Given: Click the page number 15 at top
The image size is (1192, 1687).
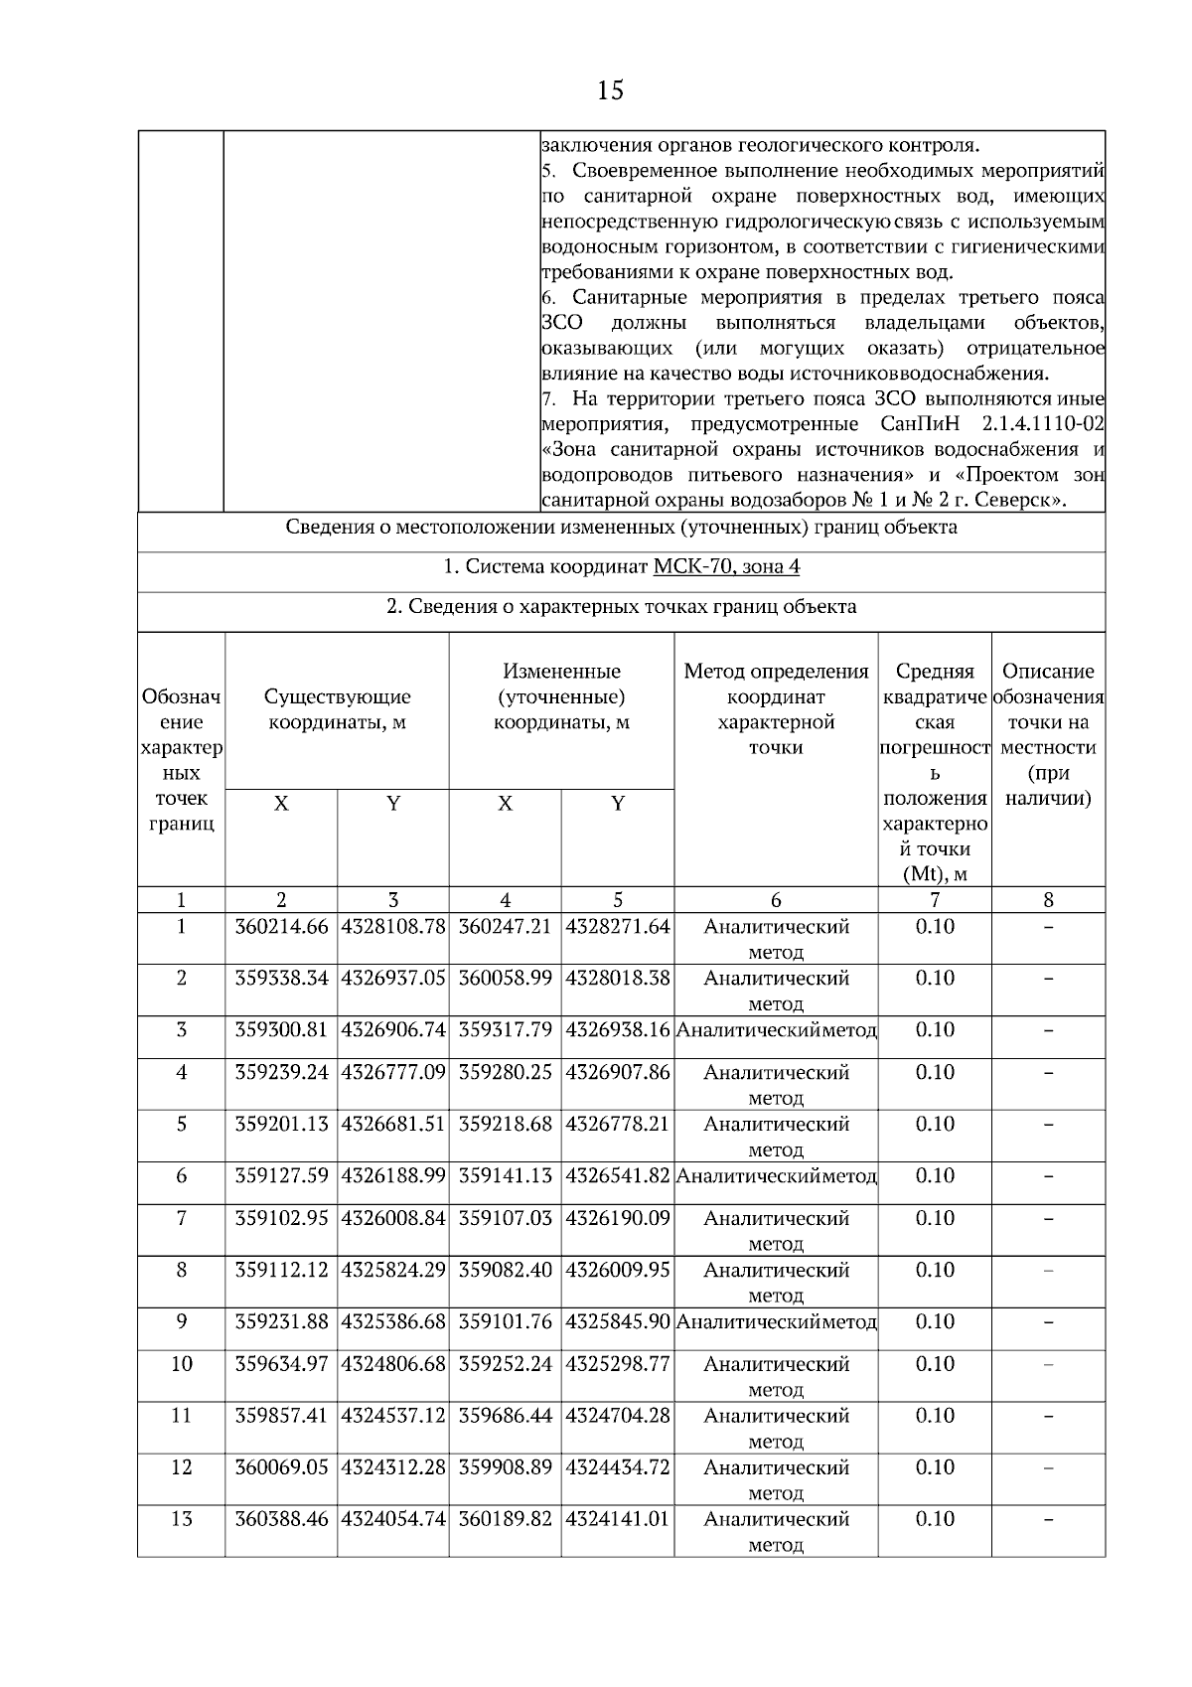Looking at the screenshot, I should pyautogui.click(x=610, y=91).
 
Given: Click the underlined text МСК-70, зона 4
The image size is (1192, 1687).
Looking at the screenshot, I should pyautogui.click(x=726, y=566).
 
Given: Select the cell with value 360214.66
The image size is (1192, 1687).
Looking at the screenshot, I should pyautogui.click(x=281, y=927).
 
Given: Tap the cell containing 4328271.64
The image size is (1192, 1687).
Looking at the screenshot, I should pyautogui.click(x=618, y=927).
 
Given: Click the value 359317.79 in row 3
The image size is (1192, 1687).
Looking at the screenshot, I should pyautogui.click(x=505, y=1030).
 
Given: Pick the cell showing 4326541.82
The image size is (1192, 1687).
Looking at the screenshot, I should pyautogui.click(x=618, y=1176).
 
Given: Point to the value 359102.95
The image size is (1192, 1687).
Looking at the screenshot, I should pyautogui.click(x=281, y=1219).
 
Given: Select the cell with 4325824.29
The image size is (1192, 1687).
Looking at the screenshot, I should pyautogui.click(x=393, y=1271).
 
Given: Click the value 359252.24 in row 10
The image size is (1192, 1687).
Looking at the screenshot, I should pyautogui.click(x=505, y=1364).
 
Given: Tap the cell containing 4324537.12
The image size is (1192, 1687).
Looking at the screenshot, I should pyautogui.click(x=393, y=1416).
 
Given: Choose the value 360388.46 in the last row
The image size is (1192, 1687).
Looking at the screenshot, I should pyautogui.click(x=281, y=1519).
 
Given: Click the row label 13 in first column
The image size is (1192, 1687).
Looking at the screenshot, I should pyautogui.click(x=181, y=1519).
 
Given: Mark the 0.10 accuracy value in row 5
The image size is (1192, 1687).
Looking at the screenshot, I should pyautogui.click(x=934, y=1125).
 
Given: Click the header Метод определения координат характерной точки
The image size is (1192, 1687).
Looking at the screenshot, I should pyautogui.click(x=776, y=709).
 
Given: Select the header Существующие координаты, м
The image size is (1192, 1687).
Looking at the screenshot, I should pyautogui.click(x=338, y=709).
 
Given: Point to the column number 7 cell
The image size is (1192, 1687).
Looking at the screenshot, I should pyautogui.click(x=934, y=901).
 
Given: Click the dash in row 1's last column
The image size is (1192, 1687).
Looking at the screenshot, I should pyautogui.click(x=1048, y=927).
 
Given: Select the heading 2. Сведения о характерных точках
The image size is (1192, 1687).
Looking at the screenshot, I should pyautogui.click(x=621, y=606).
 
